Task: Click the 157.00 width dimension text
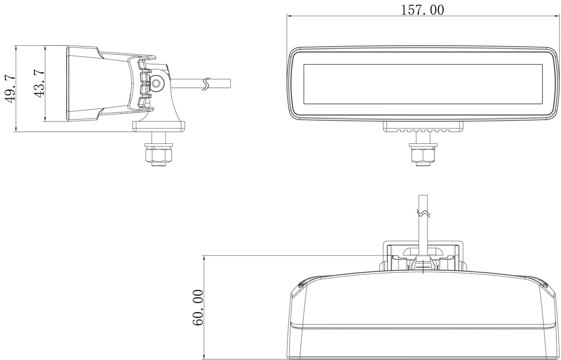pyautogui.click(x=422, y=9)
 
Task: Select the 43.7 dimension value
pyautogui.click(x=39, y=84)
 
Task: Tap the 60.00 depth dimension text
pyautogui.click(x=198, y=307)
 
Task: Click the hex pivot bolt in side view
pyautogui.click(x=158, y=83)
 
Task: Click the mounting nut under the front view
pyautogui.click(x=422, y=154)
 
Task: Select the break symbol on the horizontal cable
pyautogui.click(x=207, y=84)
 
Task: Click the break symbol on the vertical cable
pyautogui.click(x=423, y=214)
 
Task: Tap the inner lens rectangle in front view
pyautogui.click(x=422, y=84)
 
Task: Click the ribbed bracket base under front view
pyautogui.click(x=423, y=127)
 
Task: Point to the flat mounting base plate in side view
pyautogui.click(x=159, y=125)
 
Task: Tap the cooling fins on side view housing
pyautogui.click(x=144, y=84)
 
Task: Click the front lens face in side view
pyautogui.click(x=68, y=84)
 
